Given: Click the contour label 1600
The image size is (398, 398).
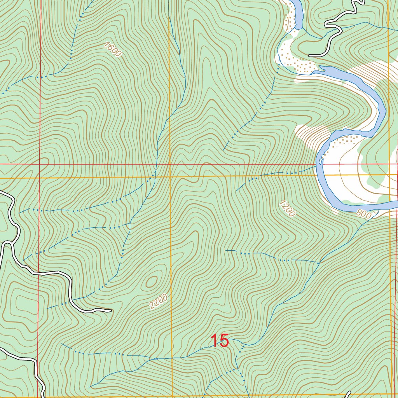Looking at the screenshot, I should (x=113, y=50).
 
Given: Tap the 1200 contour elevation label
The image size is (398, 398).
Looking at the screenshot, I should (x=287, y=208).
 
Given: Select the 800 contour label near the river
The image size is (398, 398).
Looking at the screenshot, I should (x=363, y=214).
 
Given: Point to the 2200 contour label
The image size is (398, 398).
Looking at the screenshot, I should (x=158, y=302).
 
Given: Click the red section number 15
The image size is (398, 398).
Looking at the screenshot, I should (x=220, y=341).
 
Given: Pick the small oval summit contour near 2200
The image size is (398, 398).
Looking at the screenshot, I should (x=151, y=281).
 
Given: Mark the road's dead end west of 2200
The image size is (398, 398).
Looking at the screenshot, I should (x=110, y=310).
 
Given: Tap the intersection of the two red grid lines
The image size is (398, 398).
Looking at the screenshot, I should (x=39, y=164).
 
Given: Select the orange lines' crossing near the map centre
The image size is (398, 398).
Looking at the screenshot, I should (x=170, y=177).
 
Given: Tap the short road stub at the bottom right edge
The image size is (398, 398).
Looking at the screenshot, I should (x=348, y=394).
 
